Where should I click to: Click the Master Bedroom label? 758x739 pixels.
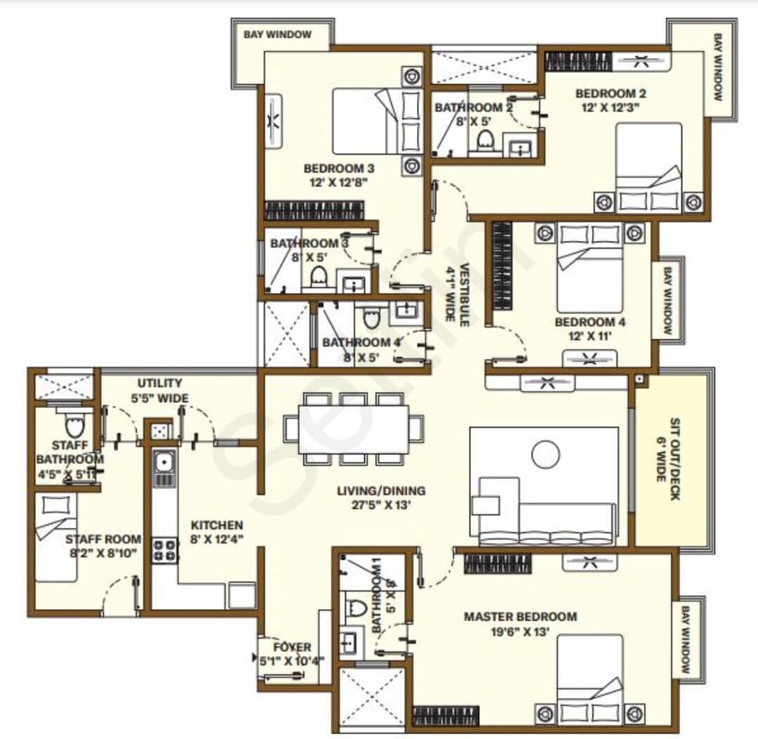click(x=520, y=617)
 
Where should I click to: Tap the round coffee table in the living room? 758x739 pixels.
click(x=545, y=454)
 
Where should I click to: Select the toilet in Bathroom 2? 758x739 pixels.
click(x=485, y=141)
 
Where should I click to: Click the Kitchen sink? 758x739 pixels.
click(x=164, y=462)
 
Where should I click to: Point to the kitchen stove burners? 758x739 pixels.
click(x=165, y=549)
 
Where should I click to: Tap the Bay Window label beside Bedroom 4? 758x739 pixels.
click(x=667, y=300)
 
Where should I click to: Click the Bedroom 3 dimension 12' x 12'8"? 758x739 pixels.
click(x=339, y=182)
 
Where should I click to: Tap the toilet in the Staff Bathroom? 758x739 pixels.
click(x=74, y=425)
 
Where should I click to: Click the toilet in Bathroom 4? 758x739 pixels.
click(x=370, y=320)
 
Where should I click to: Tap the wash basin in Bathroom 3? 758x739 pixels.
click(x=351, y=283)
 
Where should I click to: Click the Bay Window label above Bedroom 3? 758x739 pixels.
click(x=277, y=34)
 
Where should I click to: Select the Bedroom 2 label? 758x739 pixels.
click(x=611, y=93)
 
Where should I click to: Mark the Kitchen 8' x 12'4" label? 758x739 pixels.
click(x=217, y=532)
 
